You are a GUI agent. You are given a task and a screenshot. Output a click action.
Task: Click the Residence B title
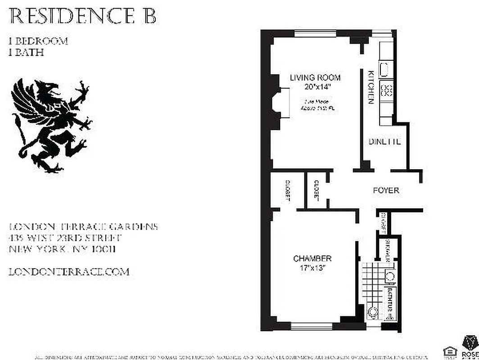click(83, 17)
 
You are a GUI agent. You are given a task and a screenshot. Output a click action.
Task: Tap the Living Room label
click(315, 77)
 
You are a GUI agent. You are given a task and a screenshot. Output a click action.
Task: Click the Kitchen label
click(371, 87)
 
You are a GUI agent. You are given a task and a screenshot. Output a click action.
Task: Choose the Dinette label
click(384, 141)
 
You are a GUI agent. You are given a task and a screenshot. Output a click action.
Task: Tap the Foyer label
click(386, 190)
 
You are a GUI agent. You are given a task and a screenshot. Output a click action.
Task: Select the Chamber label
click(312, 258)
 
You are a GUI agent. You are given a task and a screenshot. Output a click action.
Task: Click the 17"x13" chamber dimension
click(312, 267)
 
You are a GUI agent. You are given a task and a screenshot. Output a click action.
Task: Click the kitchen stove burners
click(386, 90)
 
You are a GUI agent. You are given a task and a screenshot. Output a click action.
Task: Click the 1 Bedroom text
click(38, 41)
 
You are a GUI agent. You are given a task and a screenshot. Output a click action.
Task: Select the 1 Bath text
click(26, 52)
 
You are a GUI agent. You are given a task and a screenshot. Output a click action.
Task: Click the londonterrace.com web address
click(69, 272)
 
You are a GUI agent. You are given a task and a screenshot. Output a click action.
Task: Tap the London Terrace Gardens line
click(83, 227)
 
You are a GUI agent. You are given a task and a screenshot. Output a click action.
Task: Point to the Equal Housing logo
click(448, 351)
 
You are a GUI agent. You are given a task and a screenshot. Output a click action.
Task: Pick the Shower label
click(388, 251)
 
